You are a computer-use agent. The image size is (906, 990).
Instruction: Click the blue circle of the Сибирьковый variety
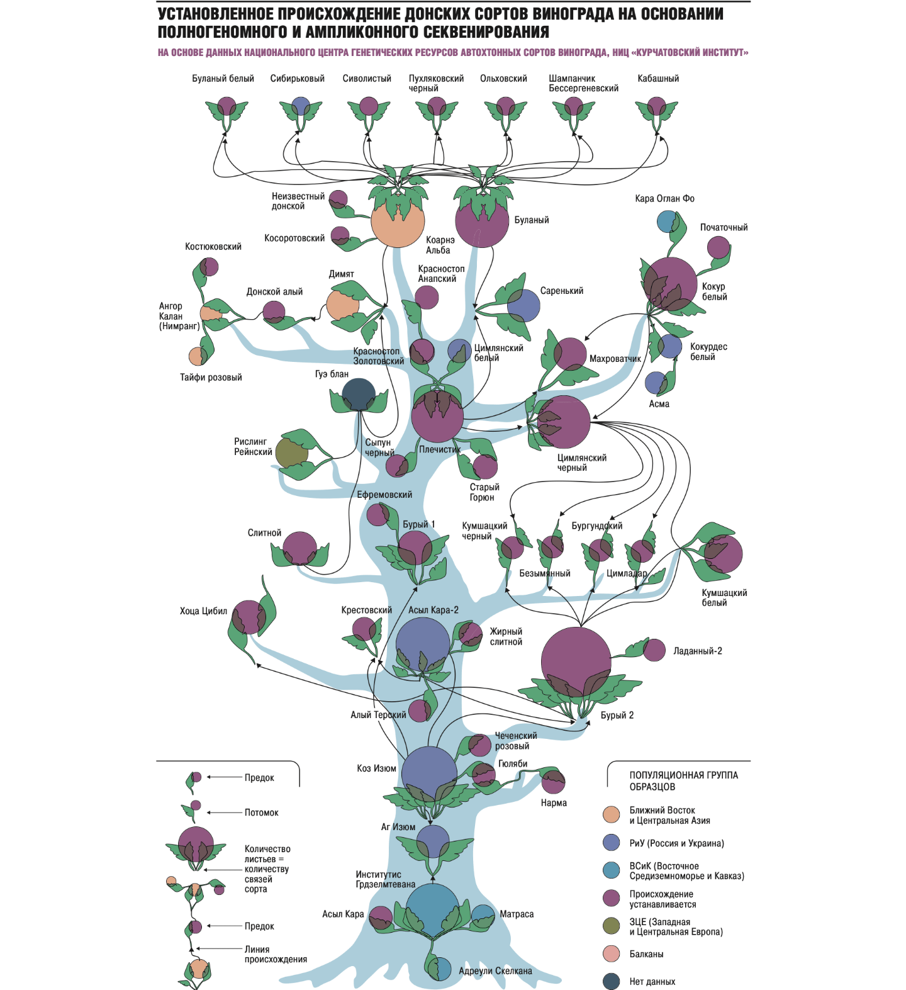point(301,106)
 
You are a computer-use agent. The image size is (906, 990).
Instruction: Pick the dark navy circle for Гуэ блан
point(359,395)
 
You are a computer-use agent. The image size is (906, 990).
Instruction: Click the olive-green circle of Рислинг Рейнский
point(291,454)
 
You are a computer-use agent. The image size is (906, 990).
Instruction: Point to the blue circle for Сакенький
point(523,305)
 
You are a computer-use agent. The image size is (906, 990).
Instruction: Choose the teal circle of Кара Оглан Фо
point(667,222)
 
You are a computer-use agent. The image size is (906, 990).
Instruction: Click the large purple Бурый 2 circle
point(576,661)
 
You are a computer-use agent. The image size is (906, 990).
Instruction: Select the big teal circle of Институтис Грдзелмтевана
point(432,910)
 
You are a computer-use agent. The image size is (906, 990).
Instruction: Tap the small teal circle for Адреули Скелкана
point(442,969)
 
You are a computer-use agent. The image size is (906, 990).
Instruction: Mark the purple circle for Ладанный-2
point(654,650)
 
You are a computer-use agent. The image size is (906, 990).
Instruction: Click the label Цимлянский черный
point(581,463)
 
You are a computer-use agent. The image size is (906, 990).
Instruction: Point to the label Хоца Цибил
point(203,611)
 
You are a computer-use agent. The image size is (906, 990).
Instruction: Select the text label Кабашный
point(658,79)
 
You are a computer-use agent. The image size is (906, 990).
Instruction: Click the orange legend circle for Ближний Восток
point(611,814)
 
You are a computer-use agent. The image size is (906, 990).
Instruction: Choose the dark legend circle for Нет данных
point(611,981)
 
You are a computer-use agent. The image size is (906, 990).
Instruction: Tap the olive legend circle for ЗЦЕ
point(611,926)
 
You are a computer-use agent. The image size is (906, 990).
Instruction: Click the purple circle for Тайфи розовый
point(198,356)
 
